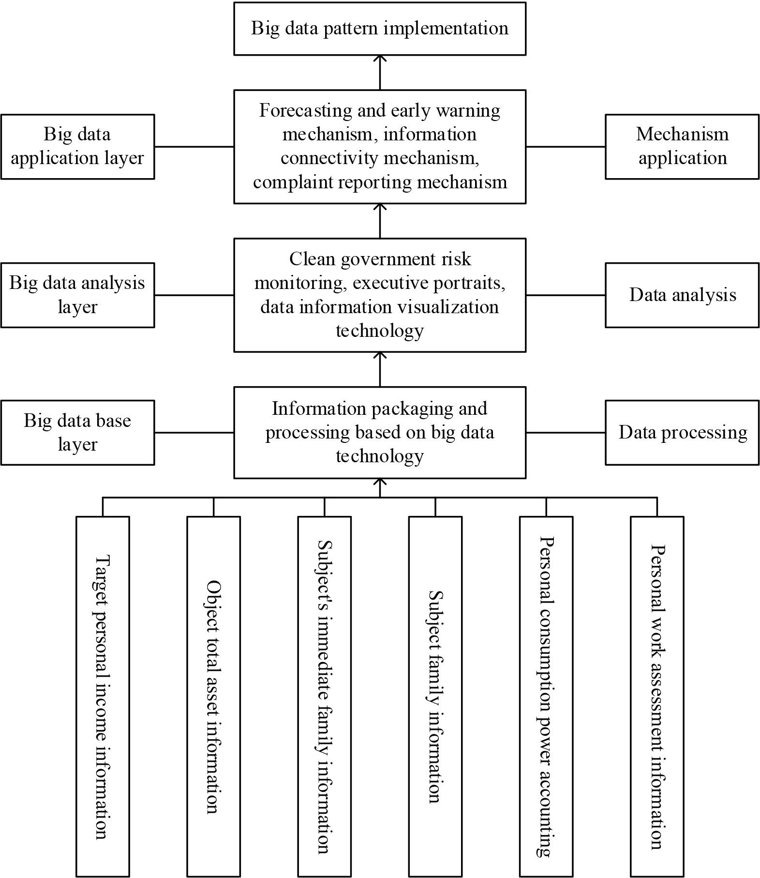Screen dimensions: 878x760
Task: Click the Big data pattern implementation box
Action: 380,29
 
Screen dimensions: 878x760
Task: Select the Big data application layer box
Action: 77,146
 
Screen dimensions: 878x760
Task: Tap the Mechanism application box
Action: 682,146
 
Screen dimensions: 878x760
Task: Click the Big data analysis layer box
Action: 77,295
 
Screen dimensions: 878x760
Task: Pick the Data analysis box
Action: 682,295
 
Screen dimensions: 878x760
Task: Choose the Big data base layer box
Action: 77,432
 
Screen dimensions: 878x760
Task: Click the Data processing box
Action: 682,432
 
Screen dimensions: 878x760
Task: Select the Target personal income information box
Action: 103,696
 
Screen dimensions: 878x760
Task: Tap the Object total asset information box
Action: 213,696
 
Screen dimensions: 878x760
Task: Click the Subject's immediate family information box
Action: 324,696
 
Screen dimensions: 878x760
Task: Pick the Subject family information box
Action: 435,696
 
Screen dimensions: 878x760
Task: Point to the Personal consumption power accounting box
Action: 546,696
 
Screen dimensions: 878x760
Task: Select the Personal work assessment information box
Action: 657,696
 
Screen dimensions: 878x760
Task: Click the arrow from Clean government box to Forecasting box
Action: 380,220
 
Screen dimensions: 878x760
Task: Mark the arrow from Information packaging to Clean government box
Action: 380,369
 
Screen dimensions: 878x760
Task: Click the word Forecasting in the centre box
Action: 304,110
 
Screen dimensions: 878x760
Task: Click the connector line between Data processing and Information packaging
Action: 565,432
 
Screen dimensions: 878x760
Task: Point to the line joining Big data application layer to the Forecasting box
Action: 194,146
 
